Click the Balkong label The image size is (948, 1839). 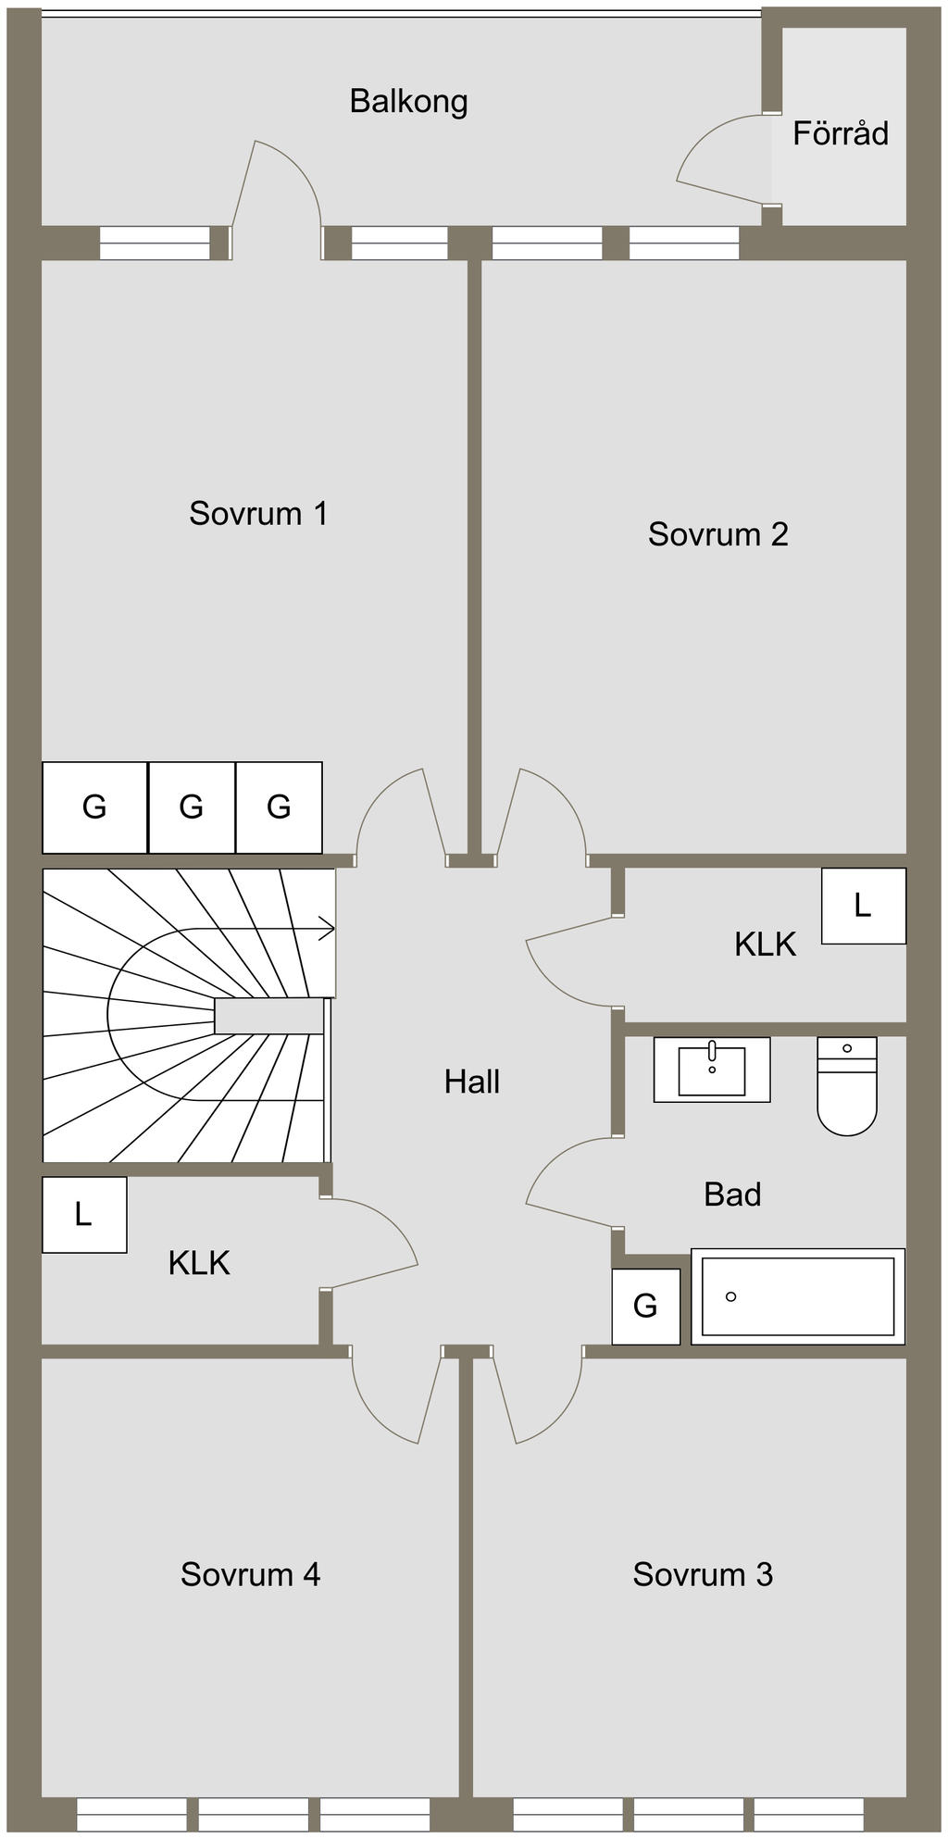tap(408, 101)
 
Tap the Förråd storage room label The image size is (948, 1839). tap(840, 134)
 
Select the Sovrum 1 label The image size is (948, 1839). tap(258, 513)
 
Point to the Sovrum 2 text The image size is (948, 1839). tap(717, 534)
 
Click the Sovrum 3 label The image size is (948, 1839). tap(703, 1574)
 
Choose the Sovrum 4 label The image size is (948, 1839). tap(250, 1574)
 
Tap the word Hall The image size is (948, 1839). tap(472, 1082)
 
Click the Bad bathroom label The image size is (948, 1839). tap(732, 1195)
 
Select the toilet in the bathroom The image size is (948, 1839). tap(847, 1088)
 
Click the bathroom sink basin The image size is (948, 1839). tap(712, 1071)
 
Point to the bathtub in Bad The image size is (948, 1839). tap(798, 1296)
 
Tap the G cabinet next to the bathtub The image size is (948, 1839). tap(645, 1306)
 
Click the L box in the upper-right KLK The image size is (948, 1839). tap(863, 906)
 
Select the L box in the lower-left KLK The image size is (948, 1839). tap(83, 1214)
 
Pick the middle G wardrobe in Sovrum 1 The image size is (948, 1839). tap(192, 807)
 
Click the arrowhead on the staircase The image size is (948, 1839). tap(327, 927)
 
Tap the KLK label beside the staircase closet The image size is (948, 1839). tap(198, 1263)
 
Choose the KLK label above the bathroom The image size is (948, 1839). tap(765, 945)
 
